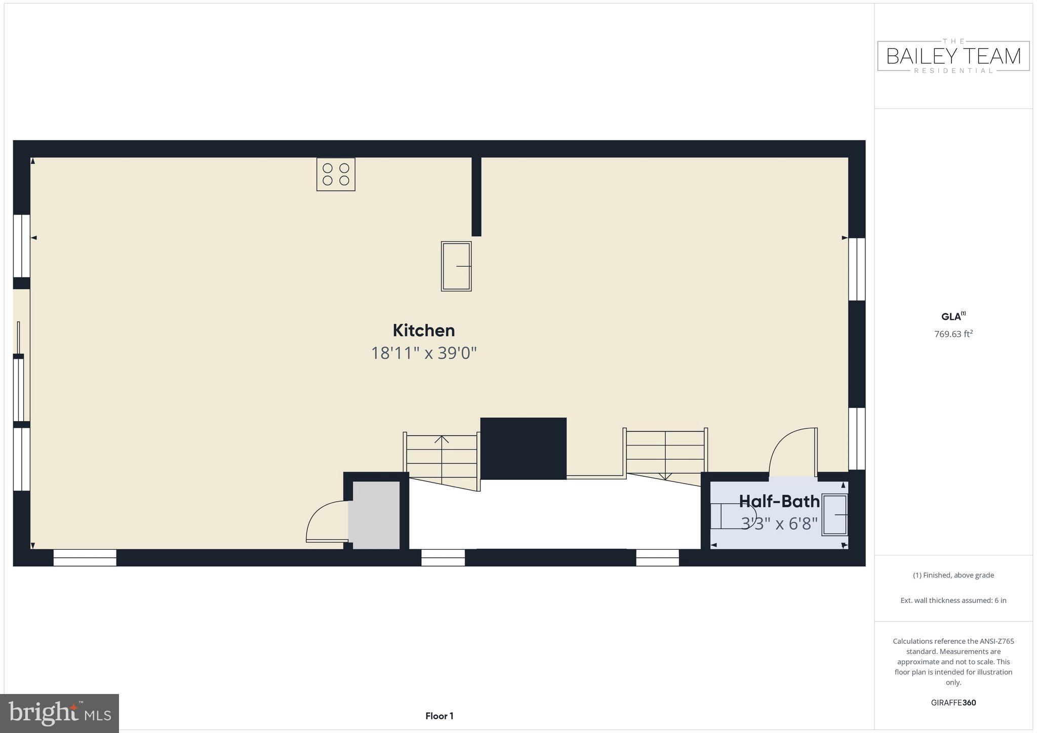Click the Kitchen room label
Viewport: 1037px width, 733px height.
tap(424, 331)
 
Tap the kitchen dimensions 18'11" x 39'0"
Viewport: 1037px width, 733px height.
tap(424, 353)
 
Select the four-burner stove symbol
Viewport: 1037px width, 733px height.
tap(336, 174)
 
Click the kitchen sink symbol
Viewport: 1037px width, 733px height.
tap(456, 266)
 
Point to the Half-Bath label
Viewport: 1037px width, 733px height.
tap(779, 501)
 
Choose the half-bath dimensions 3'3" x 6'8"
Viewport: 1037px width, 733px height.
tap(779, 523)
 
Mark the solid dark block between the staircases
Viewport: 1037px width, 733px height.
tap(523, 449)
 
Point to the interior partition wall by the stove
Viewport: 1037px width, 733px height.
tap(476, 196)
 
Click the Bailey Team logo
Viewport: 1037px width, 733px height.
tap(953, 56)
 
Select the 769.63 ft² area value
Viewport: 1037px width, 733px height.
tap(953, 334)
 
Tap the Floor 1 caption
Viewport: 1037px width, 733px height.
tap(439, 716)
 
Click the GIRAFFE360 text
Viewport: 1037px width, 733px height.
tap(953, 703)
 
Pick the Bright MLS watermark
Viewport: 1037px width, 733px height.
tap(60, 713)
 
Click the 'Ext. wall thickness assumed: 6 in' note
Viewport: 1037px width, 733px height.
tap(953, 600)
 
